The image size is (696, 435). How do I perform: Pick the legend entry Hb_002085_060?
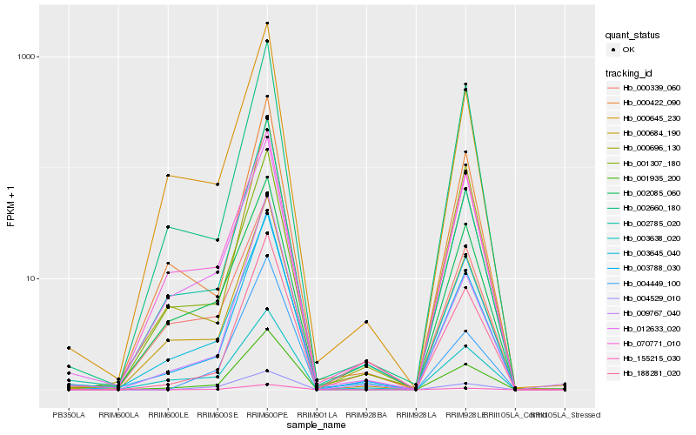coord(645,192)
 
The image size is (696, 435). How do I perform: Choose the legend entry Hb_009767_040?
coord(645,312)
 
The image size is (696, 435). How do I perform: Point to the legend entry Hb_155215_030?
coord(645,358)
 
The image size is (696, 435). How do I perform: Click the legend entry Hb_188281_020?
coord(645,372)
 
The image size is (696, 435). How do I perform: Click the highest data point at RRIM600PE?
coord(267,23)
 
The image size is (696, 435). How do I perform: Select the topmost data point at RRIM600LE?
coord(168,176)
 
